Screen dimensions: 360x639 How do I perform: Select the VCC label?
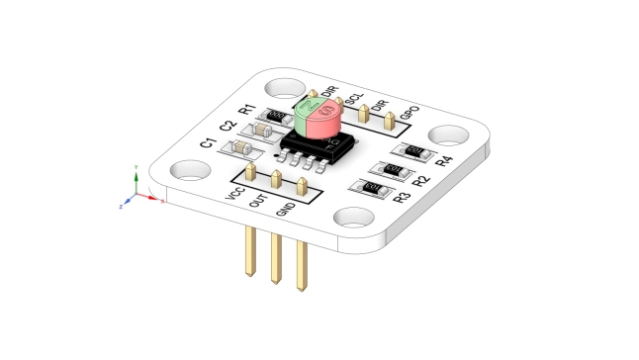[x=235, y=196]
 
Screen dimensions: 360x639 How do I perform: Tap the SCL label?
[x=353, y=100]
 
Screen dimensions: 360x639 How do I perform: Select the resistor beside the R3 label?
[x=373, y=187]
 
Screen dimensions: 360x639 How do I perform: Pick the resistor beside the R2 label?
[x=391, y=170]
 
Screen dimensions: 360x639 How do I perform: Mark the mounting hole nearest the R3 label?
[x=353, y=217]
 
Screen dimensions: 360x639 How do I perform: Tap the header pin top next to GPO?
[x=392, y=118]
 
